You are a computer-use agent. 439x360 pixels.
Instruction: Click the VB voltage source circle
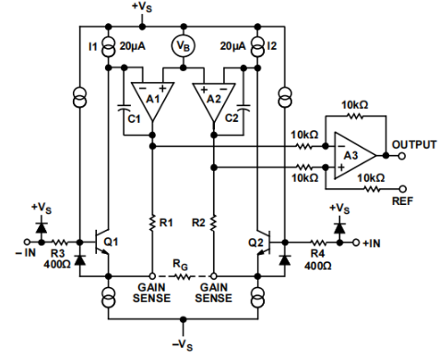181,45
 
